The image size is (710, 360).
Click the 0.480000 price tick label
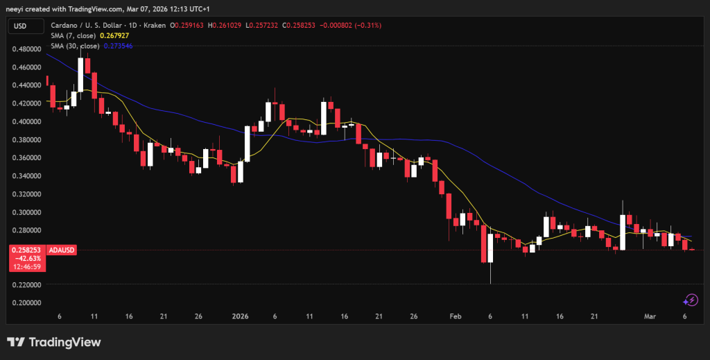26,49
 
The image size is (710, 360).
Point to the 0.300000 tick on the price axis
26,212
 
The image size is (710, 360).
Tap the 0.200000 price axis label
26,303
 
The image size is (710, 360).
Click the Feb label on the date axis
456,316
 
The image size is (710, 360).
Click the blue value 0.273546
119,45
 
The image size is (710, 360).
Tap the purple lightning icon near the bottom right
691,300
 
